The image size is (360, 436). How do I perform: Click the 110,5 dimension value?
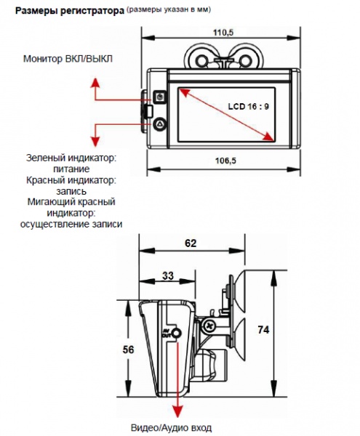223,33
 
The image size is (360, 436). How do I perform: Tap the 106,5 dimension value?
225,161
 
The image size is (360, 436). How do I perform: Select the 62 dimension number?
191,243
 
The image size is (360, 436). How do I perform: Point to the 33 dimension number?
168,275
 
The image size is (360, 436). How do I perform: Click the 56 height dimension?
128,350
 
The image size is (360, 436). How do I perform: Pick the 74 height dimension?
263,329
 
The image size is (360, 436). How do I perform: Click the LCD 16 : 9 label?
249,107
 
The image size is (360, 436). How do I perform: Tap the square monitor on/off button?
160,97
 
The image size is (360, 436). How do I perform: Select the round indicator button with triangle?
160,124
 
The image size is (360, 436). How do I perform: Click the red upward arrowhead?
95,83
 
